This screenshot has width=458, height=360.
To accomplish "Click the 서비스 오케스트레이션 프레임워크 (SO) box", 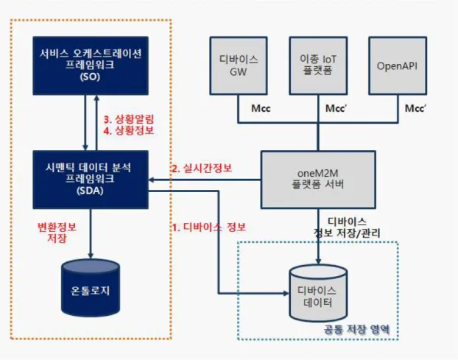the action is point(91,66).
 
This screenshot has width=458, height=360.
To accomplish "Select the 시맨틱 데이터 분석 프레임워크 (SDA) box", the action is point(91,180).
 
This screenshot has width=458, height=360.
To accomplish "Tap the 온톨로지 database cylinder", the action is point(91,288).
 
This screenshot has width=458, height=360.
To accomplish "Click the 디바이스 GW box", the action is point(239,66).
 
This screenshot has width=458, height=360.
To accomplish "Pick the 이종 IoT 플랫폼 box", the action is point(318,66).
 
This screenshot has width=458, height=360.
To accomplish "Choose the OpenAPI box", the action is point(398,66).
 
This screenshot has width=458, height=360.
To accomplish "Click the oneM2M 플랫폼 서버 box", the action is point(318,180).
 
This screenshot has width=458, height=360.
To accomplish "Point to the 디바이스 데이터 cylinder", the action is point(318,293).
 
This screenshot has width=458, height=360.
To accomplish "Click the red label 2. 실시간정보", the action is point(202,168).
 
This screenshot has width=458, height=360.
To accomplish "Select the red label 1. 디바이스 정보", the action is point(208,227).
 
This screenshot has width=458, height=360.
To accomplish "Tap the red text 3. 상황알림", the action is point(129,119).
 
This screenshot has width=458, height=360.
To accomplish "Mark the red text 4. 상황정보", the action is point(129,130).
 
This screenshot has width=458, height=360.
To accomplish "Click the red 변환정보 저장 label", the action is point(57,233).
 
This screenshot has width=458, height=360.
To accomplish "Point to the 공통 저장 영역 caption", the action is point(356,329).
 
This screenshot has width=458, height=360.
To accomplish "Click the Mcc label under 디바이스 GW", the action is point(261,108).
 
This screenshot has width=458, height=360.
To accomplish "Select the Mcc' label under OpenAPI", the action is point(415,108).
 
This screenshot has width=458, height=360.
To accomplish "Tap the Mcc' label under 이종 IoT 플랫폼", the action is point(336,108).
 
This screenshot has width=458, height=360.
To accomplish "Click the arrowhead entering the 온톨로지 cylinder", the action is point(91,255).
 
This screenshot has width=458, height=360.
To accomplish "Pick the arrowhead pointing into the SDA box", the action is point(151,180).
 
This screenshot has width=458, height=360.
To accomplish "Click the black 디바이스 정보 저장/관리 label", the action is point(347,227).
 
